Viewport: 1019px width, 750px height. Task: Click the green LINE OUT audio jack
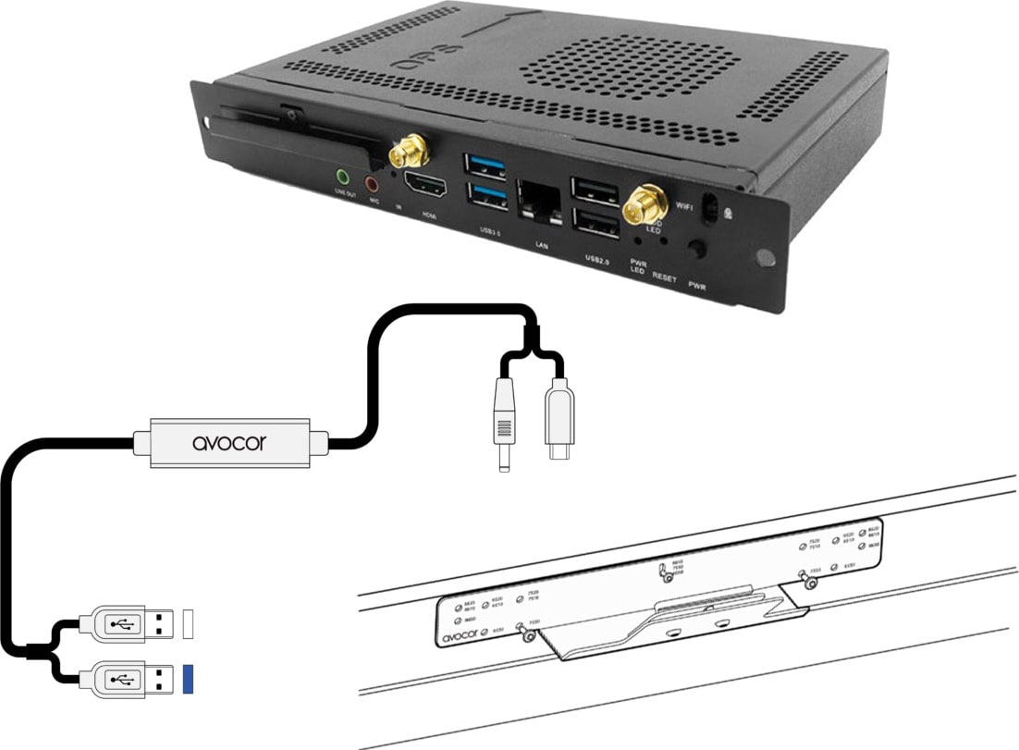[x=344, y=176]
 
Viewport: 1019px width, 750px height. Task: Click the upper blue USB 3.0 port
[x=486, y=167]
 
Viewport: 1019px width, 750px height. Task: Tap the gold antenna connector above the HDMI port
[x=407, y=148]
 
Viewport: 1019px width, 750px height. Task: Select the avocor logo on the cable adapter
[x=228, y=443]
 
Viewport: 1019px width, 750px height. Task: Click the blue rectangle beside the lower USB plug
[x=189, y=679]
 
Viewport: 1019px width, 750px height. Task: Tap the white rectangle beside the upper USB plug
[x=189, y=621]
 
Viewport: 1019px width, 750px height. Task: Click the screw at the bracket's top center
[x=666, y=575]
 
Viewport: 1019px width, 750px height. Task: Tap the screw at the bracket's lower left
[x=523, y=633]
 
